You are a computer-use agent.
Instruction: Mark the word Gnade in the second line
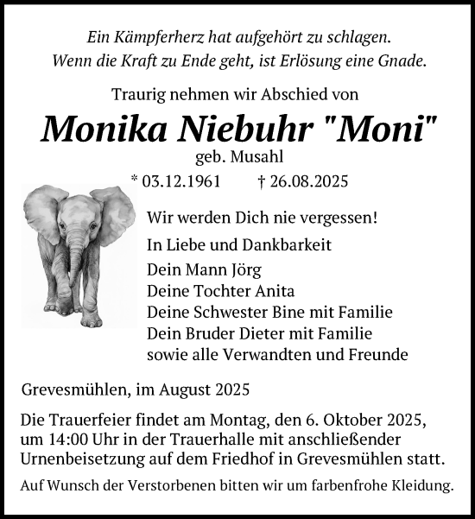tap(402, 61)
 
